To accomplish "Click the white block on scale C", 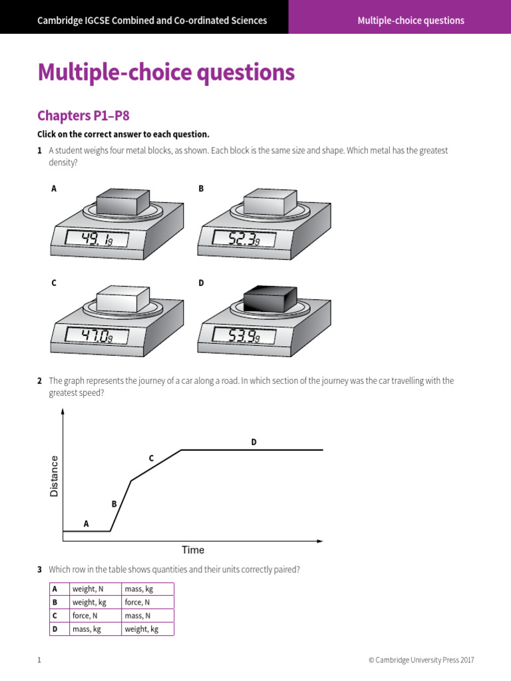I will point(122,299).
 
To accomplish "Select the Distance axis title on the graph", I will point(55,476).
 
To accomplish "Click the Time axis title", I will point(193,550).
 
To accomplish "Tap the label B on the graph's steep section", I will point(114,504).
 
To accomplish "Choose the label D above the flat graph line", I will point(254,442).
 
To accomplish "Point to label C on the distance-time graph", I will point(151,458).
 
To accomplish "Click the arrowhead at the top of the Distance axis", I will point(63,412).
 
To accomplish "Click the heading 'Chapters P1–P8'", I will point(83,116).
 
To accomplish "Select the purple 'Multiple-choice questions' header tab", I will point(411,20).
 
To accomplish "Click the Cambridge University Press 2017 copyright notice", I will point(421,660).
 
